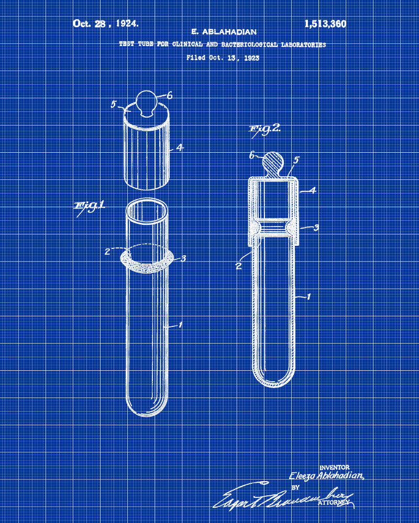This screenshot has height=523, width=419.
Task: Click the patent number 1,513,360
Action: pos(325,24)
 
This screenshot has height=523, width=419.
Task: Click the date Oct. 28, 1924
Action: pos(106,24)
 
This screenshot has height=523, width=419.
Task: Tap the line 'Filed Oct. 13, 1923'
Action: pos(223,58)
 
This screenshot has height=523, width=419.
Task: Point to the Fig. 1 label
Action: pos(90,206)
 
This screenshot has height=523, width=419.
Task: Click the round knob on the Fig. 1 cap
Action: pos(146,100)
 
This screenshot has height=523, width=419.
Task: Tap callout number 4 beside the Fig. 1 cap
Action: pos(180,148)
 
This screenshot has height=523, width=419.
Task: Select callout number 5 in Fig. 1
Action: pos(113,104)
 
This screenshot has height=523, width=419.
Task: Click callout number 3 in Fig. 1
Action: pos(183,258)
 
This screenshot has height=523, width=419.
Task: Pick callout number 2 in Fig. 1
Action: pos(107,251)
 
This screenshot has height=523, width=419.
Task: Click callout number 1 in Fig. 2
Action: pos(309,297)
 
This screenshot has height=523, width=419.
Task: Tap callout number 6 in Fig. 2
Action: pos(251,155)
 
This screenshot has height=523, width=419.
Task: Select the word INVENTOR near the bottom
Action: pos(334,467)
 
